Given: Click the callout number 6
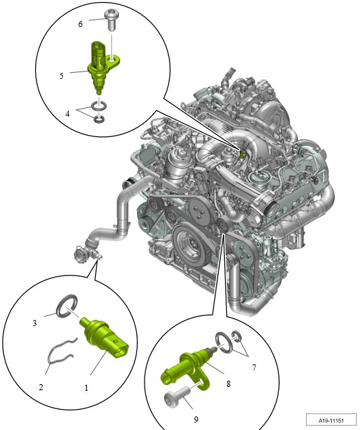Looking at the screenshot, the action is (x=80, y=24).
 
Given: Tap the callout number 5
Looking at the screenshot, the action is (x=61, y=76).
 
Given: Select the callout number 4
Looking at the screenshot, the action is (x=68, y=113).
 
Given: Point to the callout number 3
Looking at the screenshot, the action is (x=34, y=323).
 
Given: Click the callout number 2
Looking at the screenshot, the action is (x=41, y=387).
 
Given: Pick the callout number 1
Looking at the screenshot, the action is (x=86, y=387).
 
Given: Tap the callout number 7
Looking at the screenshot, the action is (x=254, y=367).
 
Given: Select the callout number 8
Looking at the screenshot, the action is (x=228, y=383).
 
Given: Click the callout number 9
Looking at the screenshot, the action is (x=196, y=419).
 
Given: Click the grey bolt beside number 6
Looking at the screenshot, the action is (x=111, y=20).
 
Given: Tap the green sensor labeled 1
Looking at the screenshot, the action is (x=104, y=338).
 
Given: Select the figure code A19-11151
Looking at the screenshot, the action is (x=331, y=421).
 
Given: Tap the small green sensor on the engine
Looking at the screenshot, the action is (x=242, y=154).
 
